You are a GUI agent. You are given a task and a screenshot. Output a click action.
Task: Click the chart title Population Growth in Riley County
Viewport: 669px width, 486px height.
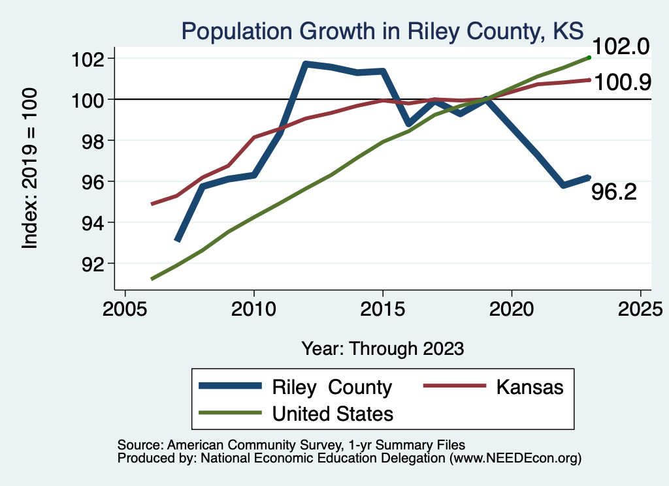[x=382, y=31]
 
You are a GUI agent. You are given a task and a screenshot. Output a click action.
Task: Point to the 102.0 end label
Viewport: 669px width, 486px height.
[x=621, y=48]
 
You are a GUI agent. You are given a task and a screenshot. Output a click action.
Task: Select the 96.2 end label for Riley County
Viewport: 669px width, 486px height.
[x=613, y=192]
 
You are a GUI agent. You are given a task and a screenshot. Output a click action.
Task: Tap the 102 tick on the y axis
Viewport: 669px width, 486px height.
[x=88, y=59]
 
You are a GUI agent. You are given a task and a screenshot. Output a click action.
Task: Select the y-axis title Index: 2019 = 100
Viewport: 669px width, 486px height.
[x=29, y=169]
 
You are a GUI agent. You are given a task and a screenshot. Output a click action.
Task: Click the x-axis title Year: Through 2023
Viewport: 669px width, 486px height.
[x=382, y=348]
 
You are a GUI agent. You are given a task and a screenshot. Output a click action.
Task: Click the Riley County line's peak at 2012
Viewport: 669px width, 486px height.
[x=306, y=63]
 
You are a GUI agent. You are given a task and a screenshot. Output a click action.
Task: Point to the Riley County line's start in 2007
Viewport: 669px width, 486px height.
[x=176, y=241]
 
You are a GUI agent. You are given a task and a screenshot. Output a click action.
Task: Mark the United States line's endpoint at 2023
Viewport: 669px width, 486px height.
[x=589, y=57]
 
